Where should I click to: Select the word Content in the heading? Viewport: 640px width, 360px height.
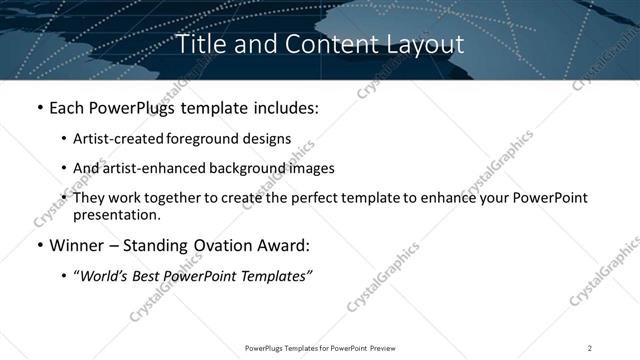(319, 44)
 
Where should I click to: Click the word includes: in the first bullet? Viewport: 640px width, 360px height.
(282, 107)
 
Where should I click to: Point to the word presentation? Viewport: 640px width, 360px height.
(116, 214)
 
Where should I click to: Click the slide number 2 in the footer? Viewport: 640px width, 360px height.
(590, 348)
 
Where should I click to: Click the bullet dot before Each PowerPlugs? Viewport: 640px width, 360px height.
(38, 107)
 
